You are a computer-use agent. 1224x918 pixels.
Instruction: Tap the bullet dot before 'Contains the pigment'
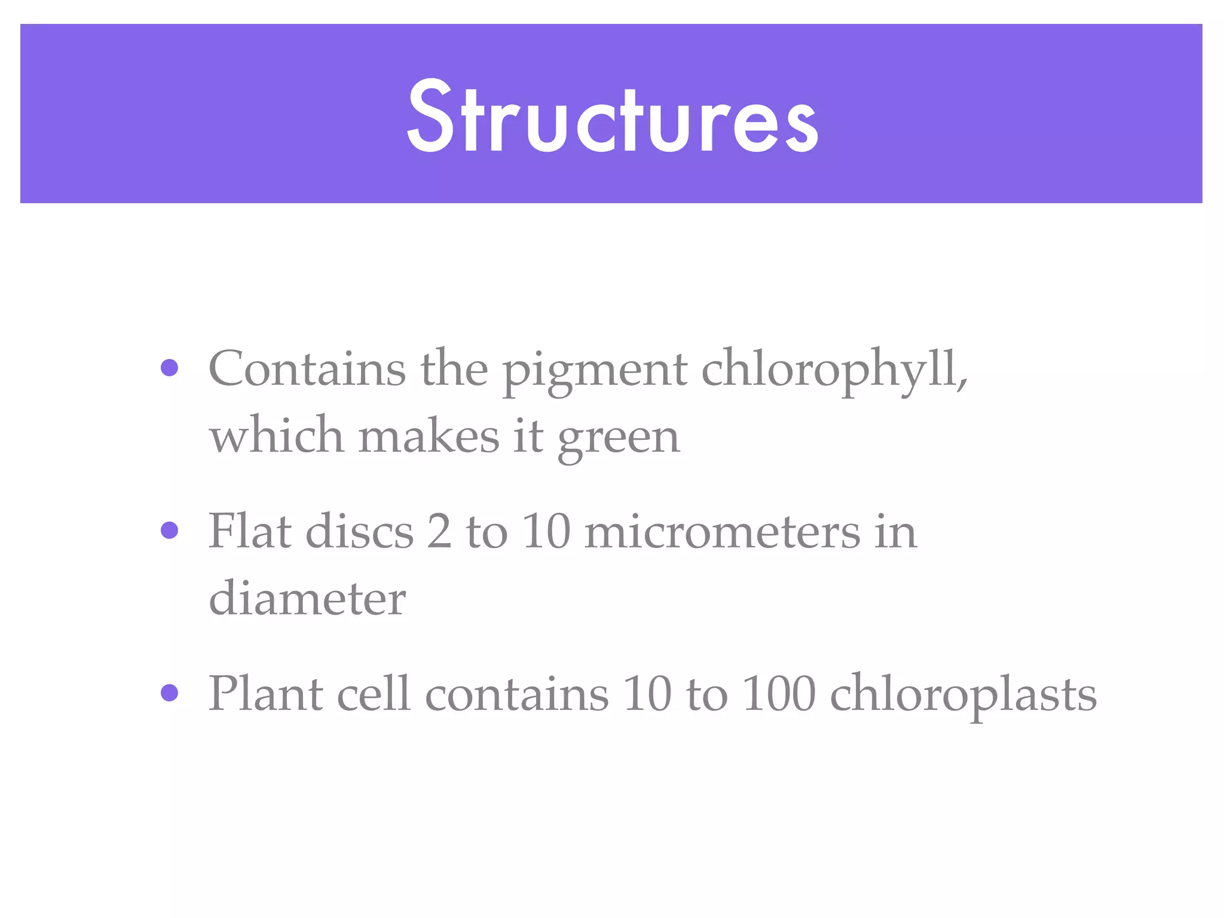point(170,368)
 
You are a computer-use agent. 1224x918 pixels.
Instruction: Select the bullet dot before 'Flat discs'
point(170,530)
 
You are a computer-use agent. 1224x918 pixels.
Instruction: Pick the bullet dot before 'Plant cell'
point(170,693)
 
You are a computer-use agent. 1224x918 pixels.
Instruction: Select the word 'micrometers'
point(722,531)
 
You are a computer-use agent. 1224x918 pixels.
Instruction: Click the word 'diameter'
point(307,598)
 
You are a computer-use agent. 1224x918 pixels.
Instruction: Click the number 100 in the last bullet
point(778,694)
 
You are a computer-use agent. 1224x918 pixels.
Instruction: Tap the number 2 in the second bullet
point(439,531)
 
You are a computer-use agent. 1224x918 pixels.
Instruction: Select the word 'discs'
point(359,531)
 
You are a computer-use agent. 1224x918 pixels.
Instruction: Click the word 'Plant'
point(265,694)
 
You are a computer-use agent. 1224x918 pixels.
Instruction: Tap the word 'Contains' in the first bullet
point(307,369)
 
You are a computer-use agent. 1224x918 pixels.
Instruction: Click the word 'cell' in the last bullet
point(374,694)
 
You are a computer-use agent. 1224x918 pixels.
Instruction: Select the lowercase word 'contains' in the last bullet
point(516,695)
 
